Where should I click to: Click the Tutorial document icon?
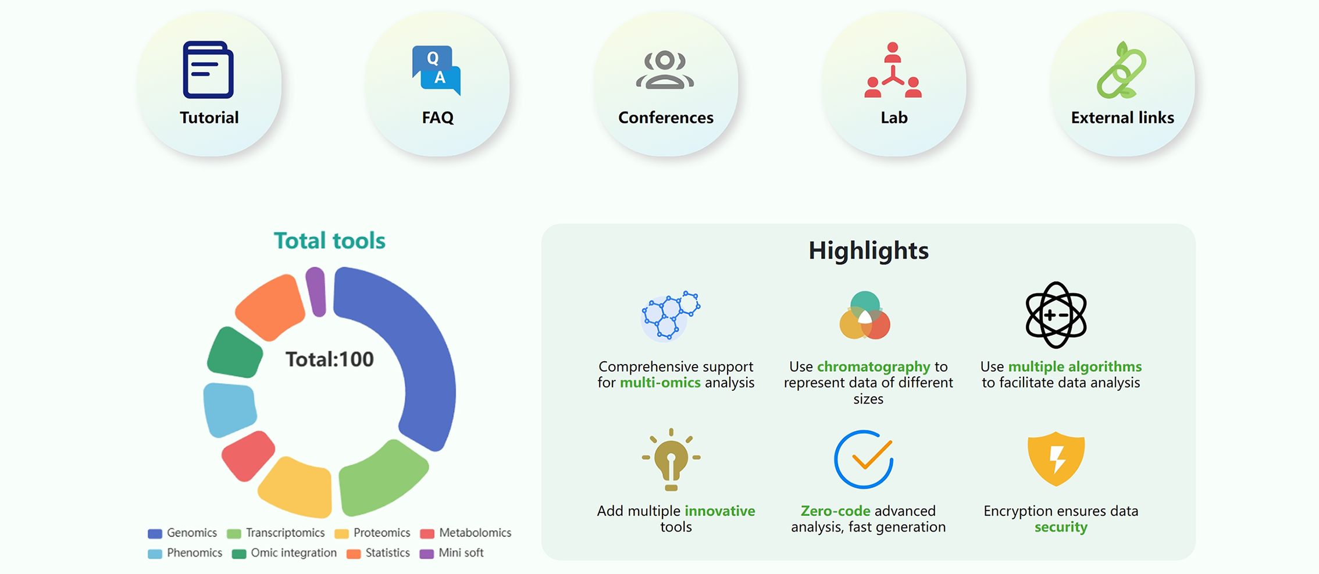click(208, 70)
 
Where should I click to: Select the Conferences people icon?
click(665, 70)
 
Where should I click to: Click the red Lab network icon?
click(893, 70)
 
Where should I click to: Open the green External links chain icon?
click(1121, 70)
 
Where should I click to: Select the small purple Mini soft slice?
click(316, 292)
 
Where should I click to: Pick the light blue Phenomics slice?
click(229, 409)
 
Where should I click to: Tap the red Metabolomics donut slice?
click(248, 455)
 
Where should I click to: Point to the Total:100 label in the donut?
click(330, 359)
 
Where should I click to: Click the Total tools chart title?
click(330, 241)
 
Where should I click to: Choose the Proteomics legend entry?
click(372, 533)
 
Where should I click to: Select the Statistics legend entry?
click(378, 553)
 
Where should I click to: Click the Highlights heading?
click(868, 251)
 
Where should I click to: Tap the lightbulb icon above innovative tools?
click(671, 459)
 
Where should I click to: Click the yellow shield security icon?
click(1056, 459)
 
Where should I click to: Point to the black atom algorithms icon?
click(1056, 315)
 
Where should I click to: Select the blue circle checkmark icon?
click(864, 459)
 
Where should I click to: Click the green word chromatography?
click(874, 367)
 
